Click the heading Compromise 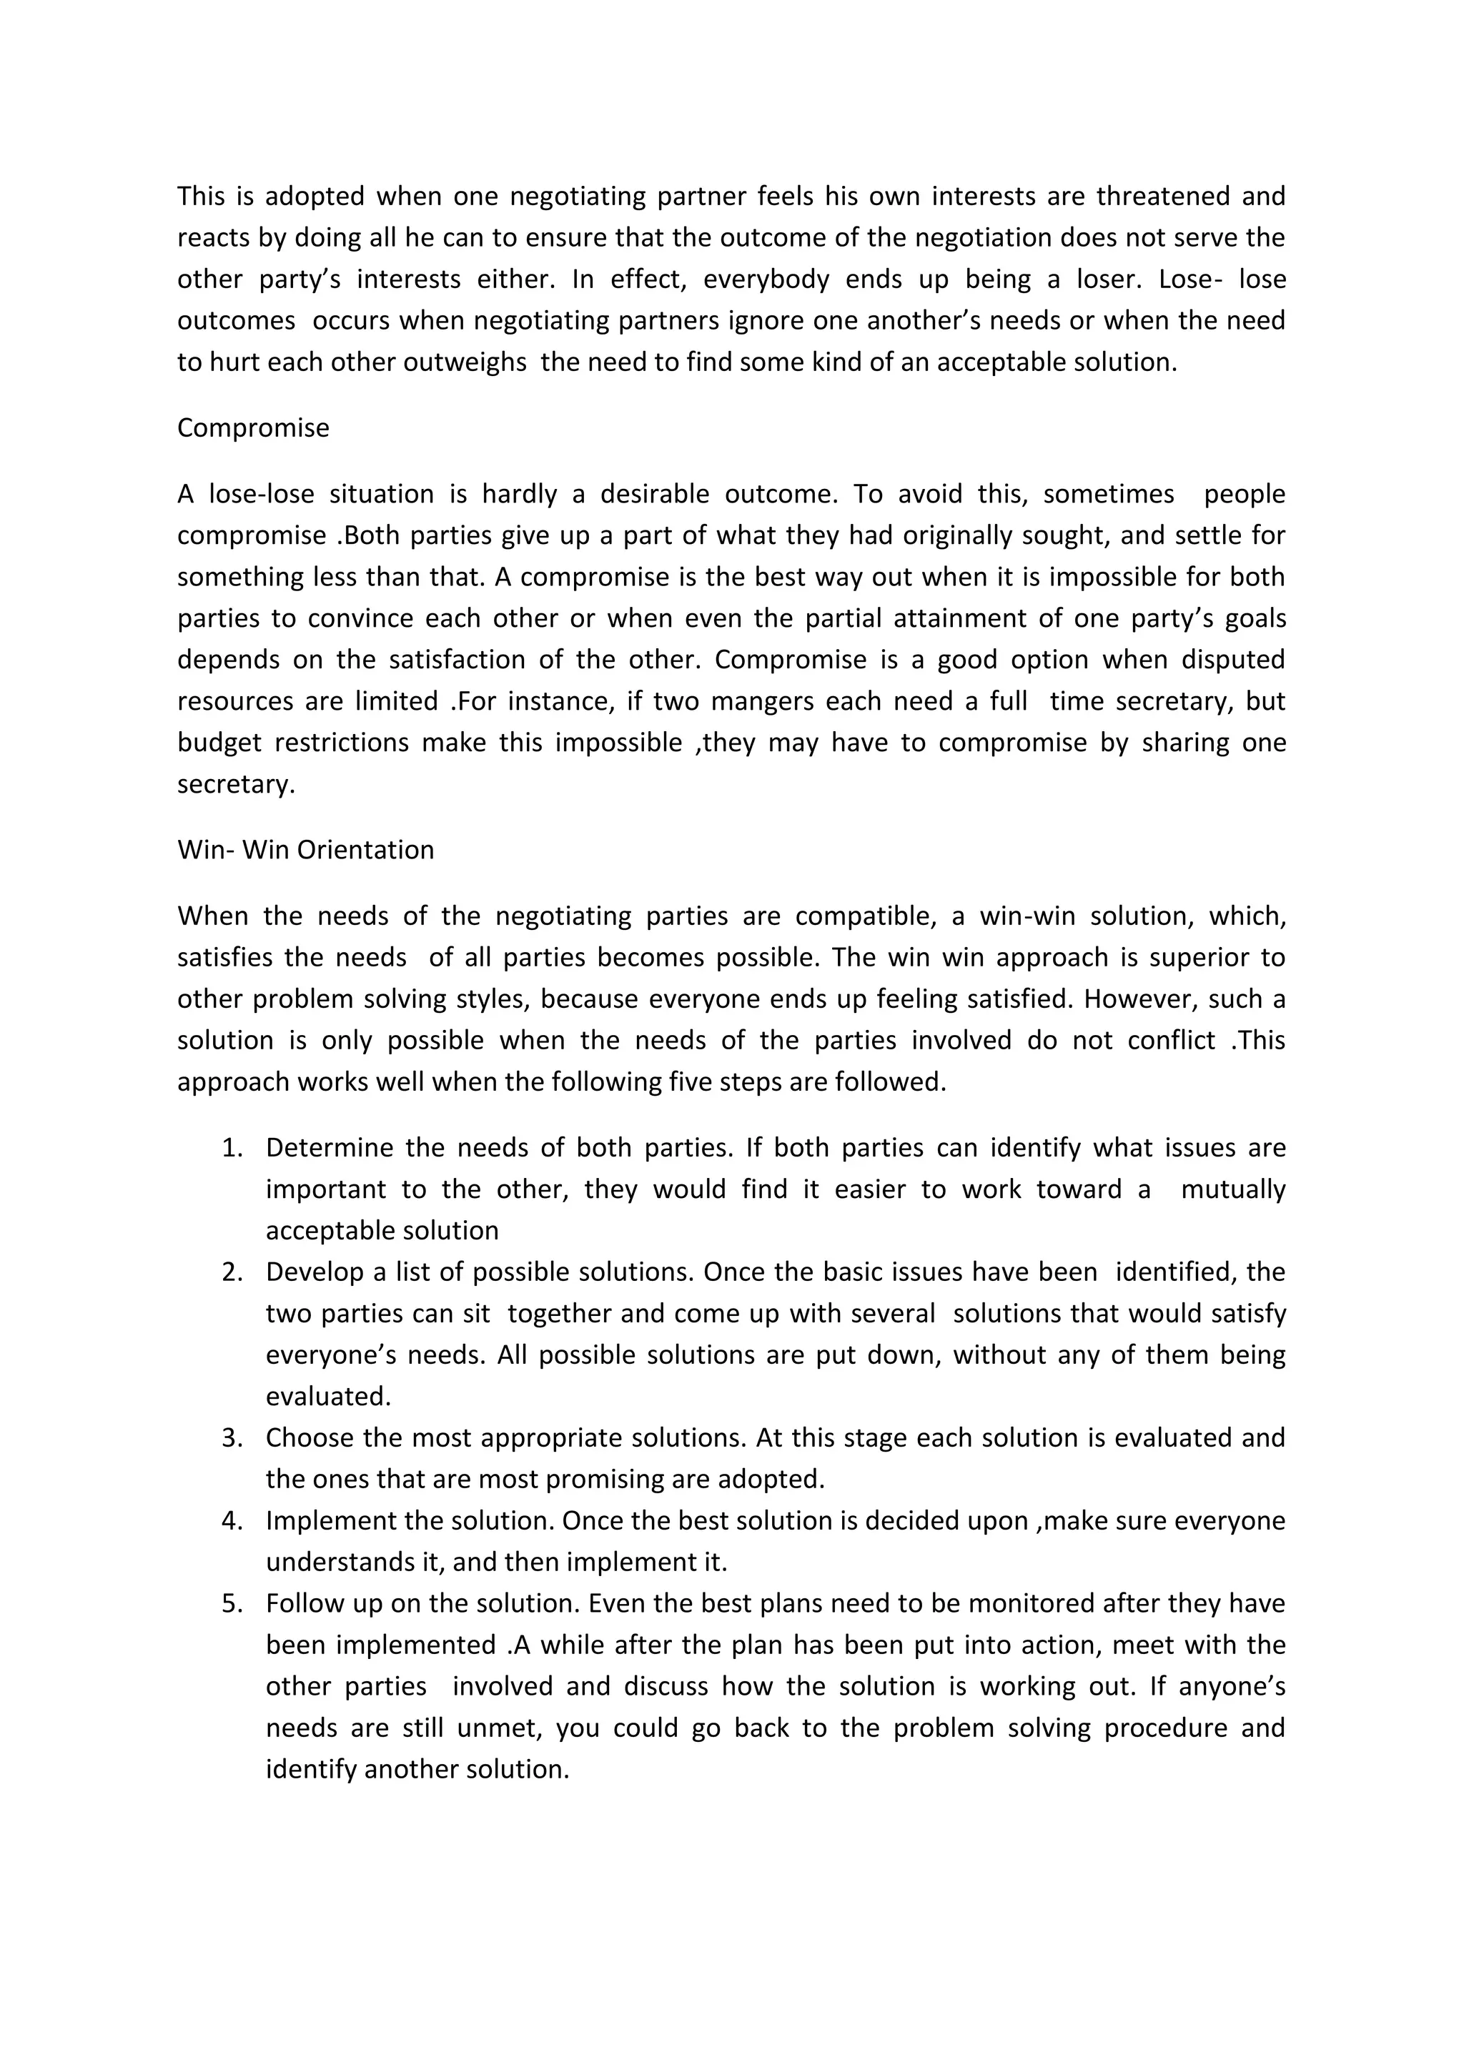click(252, 427)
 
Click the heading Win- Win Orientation click(306, 850)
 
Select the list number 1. click(232, 1148)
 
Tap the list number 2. click(232, 1272)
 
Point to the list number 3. click(232, 1438)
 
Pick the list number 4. click(232, 1521)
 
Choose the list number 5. click(232, 1604)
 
